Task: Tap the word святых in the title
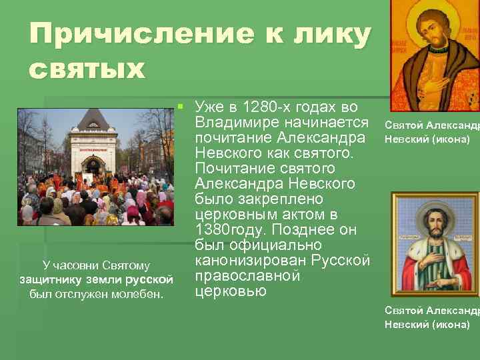point(87,69)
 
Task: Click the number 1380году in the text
point(225,230)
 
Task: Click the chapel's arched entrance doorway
point(93,165)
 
